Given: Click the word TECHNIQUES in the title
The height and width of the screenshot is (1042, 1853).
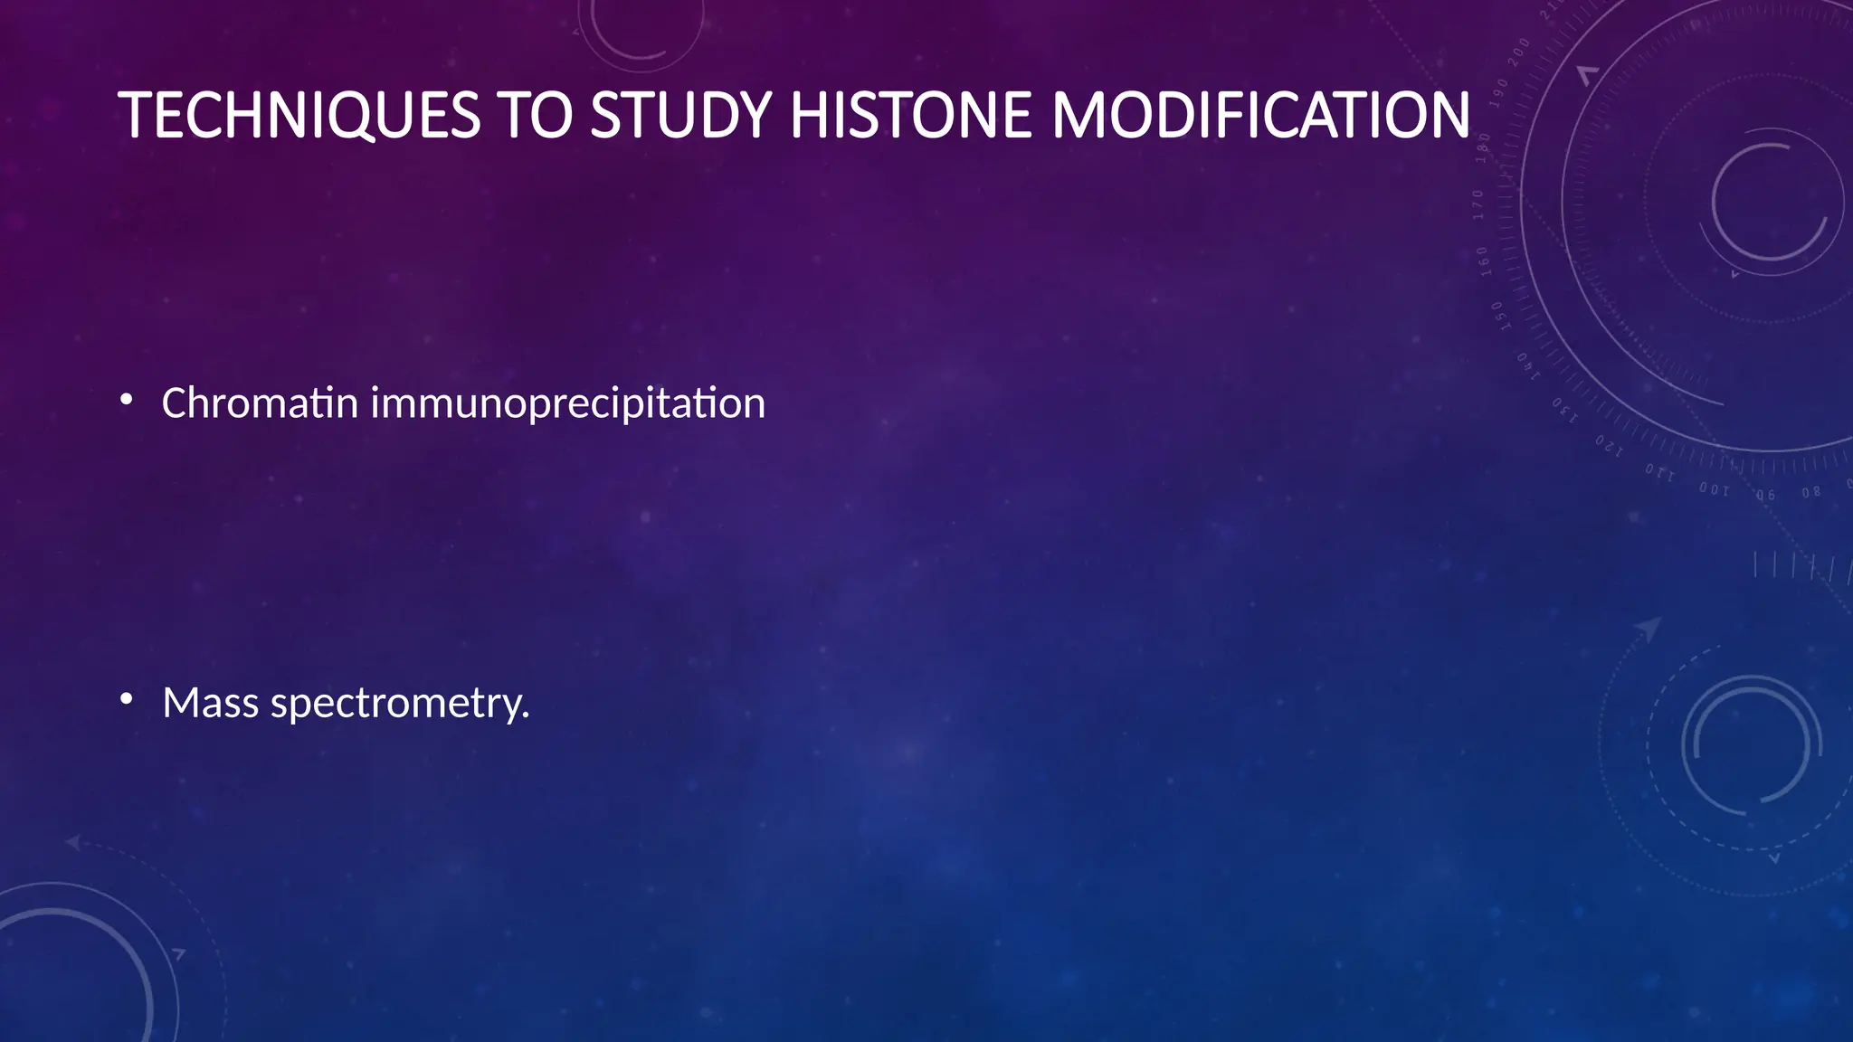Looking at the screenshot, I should [299, 116].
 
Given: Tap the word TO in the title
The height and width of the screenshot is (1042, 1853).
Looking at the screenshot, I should [535, 116].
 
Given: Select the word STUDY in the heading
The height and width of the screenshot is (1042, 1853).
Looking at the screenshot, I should [680, 116].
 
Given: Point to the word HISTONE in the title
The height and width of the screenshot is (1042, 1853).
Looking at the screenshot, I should [910, 116].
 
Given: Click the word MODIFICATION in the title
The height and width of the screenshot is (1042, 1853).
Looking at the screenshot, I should [1260, 116].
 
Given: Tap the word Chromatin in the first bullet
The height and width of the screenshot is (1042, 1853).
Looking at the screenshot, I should [260, 403].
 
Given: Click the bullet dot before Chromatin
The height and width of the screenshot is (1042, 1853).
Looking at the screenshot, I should [127, 399].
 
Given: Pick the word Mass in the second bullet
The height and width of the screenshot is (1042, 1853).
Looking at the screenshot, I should [210, 703].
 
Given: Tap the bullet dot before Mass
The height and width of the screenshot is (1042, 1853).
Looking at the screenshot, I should [127, 698].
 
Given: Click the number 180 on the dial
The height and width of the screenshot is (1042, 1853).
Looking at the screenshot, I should [1483, 147].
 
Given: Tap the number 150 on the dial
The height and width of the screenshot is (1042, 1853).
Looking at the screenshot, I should [1497, 317].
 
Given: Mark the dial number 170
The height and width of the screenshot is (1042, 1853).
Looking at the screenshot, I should [1478, 205].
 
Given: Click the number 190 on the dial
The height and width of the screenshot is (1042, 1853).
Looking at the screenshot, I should [1498, 94].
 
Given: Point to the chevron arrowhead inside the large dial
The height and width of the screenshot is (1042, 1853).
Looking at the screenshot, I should [1587, 75].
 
